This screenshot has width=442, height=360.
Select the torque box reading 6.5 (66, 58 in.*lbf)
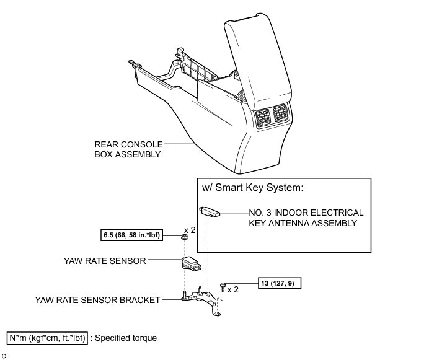(131, 235)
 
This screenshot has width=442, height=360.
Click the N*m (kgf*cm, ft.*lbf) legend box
(46, 338)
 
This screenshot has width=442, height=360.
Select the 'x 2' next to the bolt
(234, 289)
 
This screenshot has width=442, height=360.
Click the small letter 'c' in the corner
(4, 355)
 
